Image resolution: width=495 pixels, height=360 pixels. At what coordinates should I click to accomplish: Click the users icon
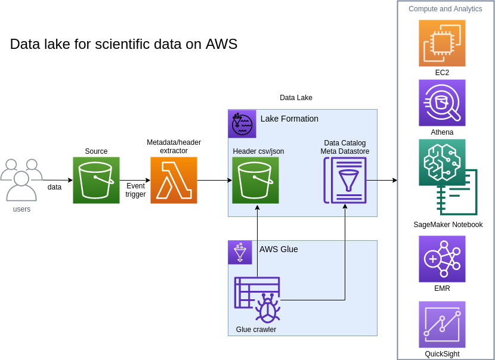[21, 180]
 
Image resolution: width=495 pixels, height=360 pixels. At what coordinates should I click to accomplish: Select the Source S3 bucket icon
[96, 180]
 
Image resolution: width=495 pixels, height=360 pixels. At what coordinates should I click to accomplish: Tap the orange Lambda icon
[174, 180]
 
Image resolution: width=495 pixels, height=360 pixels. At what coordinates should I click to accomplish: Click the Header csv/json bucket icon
[255, 180]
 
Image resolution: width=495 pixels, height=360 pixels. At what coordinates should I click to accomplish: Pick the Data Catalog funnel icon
[345, 180]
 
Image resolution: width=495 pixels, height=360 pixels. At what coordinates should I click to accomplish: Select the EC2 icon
[442, 44]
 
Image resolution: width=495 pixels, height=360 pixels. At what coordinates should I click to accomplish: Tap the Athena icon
[442, 103]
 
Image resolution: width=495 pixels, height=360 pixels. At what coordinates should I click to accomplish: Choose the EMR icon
[442, 259]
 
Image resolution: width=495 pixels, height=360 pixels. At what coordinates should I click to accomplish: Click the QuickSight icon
[442, 325]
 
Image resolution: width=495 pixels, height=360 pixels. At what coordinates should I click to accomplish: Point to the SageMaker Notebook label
[448, 225]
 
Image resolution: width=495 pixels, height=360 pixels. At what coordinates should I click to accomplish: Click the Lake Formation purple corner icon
[242, 124]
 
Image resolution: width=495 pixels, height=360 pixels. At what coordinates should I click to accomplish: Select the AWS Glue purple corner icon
[240, 252]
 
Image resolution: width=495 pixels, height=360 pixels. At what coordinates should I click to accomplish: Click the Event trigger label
[135, 190]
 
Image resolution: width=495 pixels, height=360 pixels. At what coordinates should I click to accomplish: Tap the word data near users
[54, 187]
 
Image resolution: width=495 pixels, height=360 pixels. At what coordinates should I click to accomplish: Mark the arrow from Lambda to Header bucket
[215, 180]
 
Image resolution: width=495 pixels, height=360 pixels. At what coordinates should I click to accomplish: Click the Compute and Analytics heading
[445, 9]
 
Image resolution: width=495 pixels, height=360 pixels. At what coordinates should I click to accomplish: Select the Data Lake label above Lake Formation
[296, 98]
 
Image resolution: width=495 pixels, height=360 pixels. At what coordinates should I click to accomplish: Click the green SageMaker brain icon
[442, 162]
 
